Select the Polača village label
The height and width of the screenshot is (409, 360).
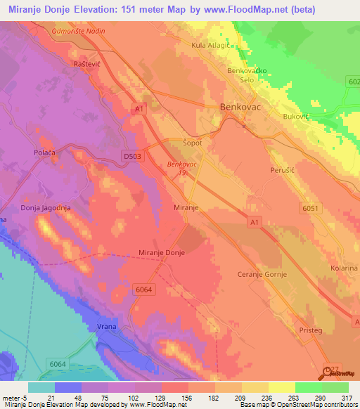pyautogui.click(x=45, y=152)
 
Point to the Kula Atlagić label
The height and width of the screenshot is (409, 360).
pyautogui.click(x=214, y=45)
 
